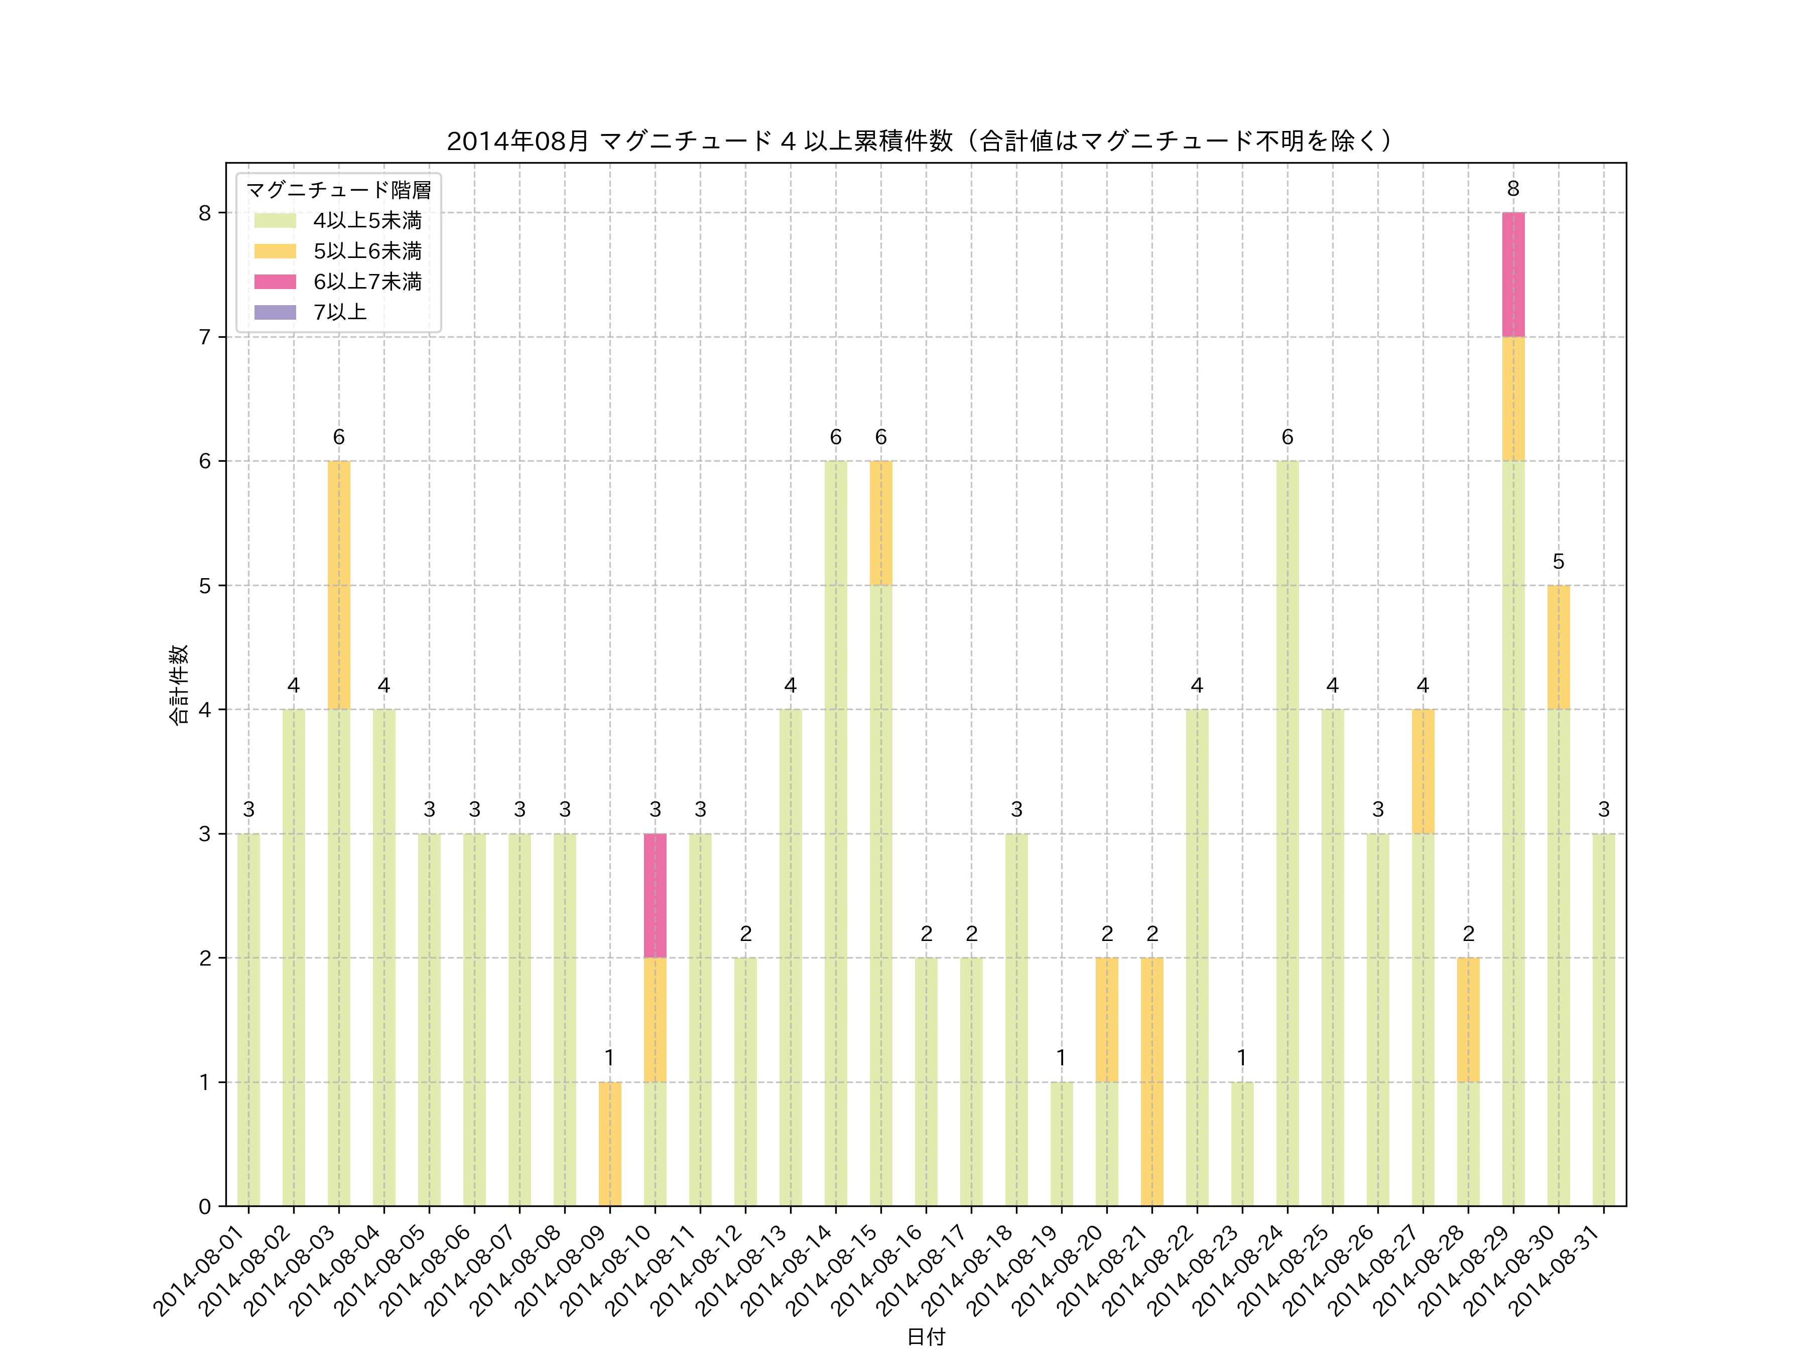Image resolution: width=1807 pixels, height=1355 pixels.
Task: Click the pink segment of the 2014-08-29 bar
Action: pos(1513,275)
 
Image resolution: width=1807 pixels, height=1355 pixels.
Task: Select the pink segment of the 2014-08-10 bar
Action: pos(655,895)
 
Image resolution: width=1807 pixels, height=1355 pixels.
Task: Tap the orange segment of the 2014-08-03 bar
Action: pos(338,585)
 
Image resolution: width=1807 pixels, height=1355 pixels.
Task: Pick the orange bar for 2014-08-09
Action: pos(609,1143)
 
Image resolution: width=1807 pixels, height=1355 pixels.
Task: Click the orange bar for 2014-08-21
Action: pos(1152,1081)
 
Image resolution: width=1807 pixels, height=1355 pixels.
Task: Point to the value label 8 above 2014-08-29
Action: pos(1513,189)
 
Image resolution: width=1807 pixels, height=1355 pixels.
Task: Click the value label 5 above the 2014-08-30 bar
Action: pos(1558,562)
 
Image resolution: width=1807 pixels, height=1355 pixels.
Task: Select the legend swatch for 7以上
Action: pos(275,312)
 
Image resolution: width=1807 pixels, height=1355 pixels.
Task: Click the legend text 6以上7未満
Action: pos(367,282)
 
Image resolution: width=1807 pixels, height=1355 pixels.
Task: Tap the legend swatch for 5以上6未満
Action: pos(275,251)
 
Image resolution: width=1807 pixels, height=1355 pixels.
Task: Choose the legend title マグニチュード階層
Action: pos(338,190)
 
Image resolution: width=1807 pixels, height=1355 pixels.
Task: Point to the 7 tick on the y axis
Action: pos(204,337)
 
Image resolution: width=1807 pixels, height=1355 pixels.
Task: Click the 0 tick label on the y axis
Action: pos(204,1206)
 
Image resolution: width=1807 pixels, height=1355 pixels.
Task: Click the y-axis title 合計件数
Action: pos(178,685)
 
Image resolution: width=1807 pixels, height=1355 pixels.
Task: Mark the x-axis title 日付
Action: pos(926,1337)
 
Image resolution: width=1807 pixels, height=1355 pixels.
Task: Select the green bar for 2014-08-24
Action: pos(1286,833)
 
